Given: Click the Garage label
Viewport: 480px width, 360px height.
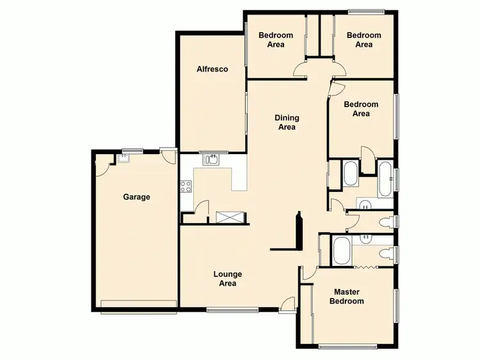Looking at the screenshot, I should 136,197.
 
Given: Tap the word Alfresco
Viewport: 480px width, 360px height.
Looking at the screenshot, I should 212,69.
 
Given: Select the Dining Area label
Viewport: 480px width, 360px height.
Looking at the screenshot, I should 287,122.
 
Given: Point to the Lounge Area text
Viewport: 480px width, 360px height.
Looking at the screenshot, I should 227,279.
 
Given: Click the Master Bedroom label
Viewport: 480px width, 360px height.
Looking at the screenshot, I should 348,297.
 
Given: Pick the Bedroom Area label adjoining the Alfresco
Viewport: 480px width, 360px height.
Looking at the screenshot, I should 276,40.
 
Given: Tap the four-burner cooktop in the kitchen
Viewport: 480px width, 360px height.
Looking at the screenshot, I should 187,187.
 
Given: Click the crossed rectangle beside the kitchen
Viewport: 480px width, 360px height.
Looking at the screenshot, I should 230,217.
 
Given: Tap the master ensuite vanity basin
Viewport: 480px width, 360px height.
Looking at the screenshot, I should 365,239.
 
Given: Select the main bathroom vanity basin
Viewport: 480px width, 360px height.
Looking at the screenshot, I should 364,205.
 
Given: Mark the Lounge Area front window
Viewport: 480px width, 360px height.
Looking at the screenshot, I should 232,311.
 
